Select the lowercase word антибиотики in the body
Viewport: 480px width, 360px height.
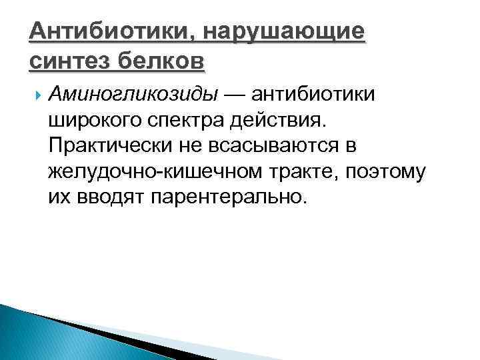(x=317, y=95)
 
